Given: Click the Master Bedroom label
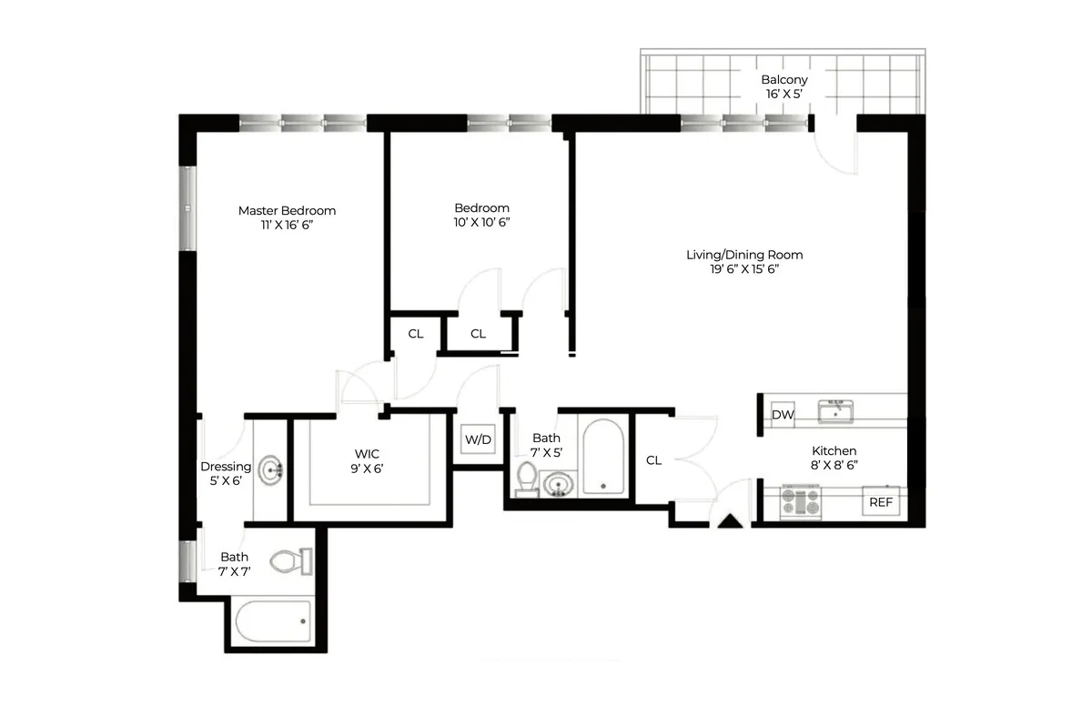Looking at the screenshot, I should tap(287, 211).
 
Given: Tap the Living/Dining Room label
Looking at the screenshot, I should tap(744, 255).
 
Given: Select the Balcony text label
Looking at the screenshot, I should tap(784, 80).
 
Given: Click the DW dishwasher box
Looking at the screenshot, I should tap(783, 415).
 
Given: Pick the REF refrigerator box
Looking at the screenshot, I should tap(880, 501).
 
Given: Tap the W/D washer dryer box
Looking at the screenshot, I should tap(478, 440).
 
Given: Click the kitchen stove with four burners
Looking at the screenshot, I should tap(801, 502).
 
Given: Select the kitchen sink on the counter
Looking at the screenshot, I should tap(834, 412).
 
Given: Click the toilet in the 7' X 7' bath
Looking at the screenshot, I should tap(293, 561).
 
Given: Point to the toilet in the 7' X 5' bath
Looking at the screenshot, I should tap(527, 479).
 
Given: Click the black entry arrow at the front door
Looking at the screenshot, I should tap(731, 521).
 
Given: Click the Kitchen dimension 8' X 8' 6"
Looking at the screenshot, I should tap(834, 465).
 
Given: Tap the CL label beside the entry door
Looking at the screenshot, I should tap(653, 460).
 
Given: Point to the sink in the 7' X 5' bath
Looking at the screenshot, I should tap(559, 484).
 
